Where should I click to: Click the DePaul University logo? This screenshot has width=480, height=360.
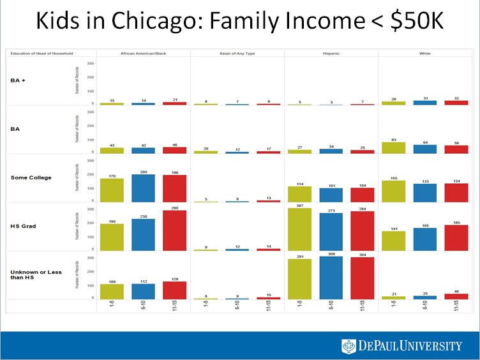tap(401, 345)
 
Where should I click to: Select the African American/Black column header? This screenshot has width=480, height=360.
tap(143, 53)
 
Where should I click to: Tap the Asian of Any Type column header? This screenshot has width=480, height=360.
tap(237, 53)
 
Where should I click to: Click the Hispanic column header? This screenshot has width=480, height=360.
tap(331, 53)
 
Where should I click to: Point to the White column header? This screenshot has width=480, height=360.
tap(424, 53)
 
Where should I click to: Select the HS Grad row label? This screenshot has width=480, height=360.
tap(23, 226)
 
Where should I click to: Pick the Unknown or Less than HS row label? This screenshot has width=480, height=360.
tap(36, 274)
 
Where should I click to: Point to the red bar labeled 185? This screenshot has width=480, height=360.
tap(455, 237)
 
